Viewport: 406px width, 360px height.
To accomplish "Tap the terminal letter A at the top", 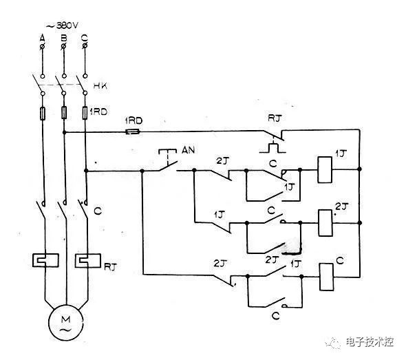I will [43, 36].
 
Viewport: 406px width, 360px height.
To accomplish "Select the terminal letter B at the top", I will [63, 36].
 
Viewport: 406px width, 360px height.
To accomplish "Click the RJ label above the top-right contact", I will [274, 117].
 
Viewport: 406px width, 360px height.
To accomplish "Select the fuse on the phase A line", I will [43, 112].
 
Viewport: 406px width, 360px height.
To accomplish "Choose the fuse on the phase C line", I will [85, 112].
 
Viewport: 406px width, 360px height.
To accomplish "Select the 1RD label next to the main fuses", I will [98, 110].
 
